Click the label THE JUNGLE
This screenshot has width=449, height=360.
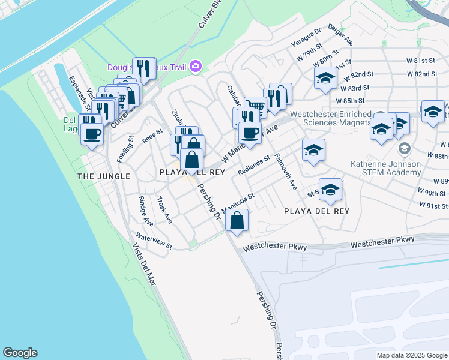[x=104, y=176]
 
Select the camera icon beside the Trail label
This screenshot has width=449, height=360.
[x=195, y=66]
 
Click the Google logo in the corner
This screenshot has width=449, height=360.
[x=20, y=353]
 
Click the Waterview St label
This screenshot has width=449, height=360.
[x=154, y=241]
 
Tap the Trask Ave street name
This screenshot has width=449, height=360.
[x=164, y=210]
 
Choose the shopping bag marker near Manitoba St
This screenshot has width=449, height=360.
[x=238, y=220]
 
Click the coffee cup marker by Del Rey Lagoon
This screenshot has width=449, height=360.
[x=92, y=134]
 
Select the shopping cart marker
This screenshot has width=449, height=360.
[x=256, y=107]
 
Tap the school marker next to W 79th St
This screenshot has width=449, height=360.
[x=325, y=79]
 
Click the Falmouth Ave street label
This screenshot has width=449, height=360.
[x=285, y=172]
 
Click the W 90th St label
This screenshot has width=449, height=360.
[x=432, y=193]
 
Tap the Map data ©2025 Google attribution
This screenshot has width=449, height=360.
[x=411, y=355]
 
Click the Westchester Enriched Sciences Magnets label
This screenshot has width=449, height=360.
[x=330, y=118]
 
